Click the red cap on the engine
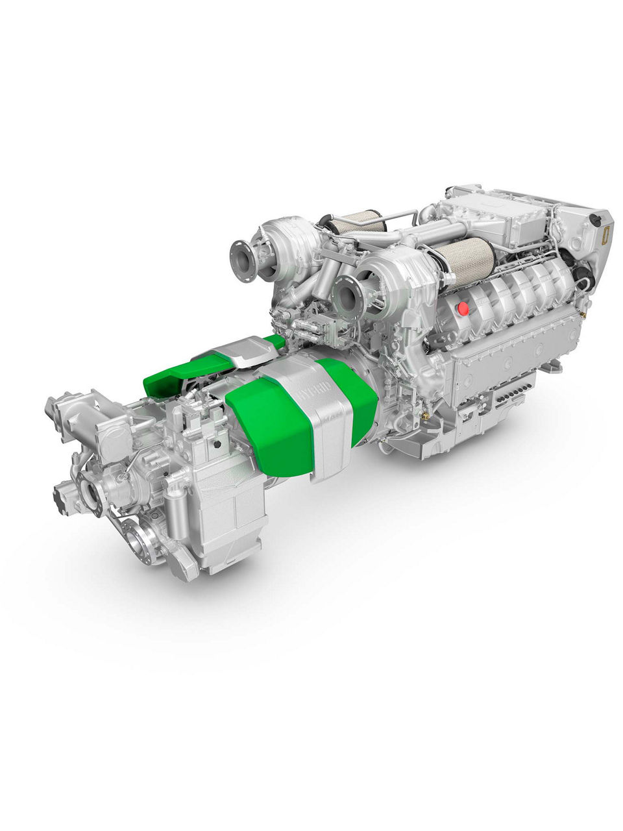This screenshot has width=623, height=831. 463,308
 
